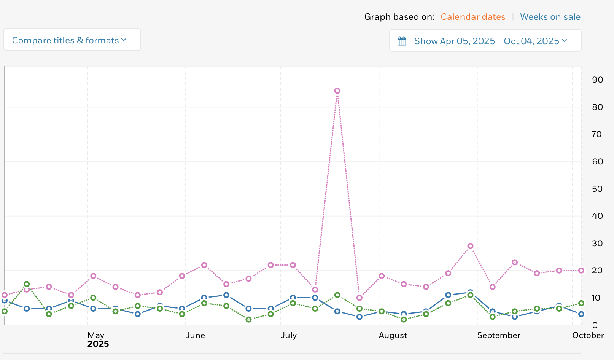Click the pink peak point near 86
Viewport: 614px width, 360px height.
(x=337, y=91)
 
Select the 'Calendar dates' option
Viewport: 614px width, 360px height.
(x=473, y=17)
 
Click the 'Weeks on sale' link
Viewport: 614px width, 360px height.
(x=550, y=17)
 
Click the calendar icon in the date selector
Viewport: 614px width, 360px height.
(x=402, y=41)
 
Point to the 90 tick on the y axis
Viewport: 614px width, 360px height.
(x=597, y=80)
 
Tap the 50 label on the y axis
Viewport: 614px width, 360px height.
(x=597, y=189)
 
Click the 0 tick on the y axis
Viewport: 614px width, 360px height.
(x=595, y=325)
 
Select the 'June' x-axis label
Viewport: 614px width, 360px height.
(x=195, y=335)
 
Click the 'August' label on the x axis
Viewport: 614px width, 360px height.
(x=393, y=335)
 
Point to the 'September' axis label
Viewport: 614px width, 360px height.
(x=498, y=335)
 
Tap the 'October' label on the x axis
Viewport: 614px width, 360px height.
(x=588, y=335)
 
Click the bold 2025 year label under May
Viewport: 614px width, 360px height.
(x=98, y=344)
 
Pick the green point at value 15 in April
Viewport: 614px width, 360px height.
(x=27, y=284)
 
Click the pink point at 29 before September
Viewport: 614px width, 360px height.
(x=470, y=246)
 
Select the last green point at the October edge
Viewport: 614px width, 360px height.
(x=581, y=303)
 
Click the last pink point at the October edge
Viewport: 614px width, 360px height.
(x=581, y=271)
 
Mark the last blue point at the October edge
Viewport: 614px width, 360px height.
(x=581, y=314)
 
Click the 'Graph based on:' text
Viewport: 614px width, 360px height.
(x=399, y=17)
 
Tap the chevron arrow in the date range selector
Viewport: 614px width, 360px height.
(x=564, y=40)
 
